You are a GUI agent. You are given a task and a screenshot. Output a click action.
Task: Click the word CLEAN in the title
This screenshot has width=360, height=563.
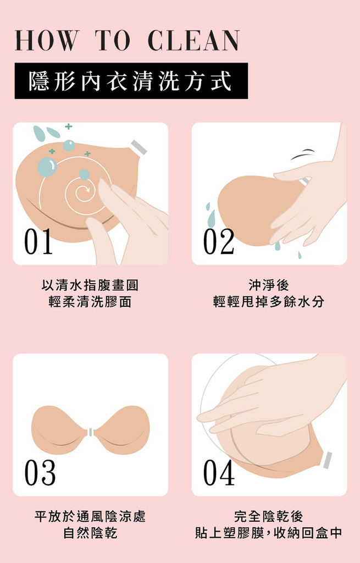point(193,41)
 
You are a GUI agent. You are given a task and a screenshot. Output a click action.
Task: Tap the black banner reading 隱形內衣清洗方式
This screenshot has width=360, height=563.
point(131,81)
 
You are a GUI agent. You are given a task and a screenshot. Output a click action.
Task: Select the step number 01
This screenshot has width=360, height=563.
point(38,242)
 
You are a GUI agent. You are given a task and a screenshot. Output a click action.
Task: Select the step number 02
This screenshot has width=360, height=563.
point(219,242)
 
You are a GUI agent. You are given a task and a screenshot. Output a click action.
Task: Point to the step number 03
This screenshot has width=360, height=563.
point(40,472)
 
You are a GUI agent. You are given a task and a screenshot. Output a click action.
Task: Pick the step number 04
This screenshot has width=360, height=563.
point(219,472)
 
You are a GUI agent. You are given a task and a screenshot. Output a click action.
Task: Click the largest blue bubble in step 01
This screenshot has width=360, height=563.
point(47,167)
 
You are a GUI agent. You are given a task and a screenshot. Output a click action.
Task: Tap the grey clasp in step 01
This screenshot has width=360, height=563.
point(139,147)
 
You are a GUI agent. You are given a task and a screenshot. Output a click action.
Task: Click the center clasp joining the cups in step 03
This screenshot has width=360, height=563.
point(91,432)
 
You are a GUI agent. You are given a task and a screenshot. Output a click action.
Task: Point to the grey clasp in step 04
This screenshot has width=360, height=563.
point(328,460)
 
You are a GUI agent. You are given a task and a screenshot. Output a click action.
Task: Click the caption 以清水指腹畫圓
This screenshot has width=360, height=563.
point(90,285)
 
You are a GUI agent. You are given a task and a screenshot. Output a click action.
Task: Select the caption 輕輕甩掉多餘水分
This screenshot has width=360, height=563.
point(269,302)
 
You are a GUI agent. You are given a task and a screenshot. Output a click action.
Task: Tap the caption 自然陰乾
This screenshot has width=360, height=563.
point(91,532)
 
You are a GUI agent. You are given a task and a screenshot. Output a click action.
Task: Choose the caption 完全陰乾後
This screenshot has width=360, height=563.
point(269,516)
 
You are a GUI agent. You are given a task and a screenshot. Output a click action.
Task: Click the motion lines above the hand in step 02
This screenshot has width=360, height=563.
point(303,154)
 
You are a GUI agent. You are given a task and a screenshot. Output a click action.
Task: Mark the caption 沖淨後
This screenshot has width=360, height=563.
point(269,285)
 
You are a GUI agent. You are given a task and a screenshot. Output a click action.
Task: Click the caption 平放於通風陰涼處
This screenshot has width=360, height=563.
point(90,516)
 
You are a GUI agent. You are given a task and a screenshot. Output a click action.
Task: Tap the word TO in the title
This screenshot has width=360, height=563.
point(113,41)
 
